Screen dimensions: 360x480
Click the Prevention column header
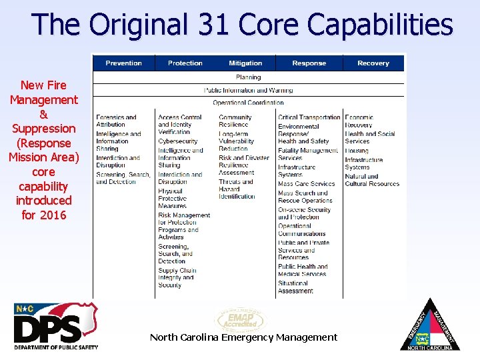(x=123, y=63)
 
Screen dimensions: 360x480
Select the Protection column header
(x=185, y=63)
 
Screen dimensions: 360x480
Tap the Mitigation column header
(x=245, y=63)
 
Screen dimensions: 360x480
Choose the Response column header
(x=309, y=63)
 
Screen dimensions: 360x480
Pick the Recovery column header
(x=373, y=63)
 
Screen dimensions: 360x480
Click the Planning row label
(x=248, y=77)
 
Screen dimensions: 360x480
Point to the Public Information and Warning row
(x=248, y=90)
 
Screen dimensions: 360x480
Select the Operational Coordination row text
(x=248, y=103)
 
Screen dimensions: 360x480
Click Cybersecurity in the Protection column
(x=178, y=141)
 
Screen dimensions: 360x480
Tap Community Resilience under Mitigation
(x=235, y=121)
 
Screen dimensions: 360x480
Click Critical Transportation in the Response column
(x=309, y=117)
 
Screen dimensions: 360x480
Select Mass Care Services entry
(x=307, y=184)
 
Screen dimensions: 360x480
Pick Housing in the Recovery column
(x=357, y=151)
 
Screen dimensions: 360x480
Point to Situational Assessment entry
(x=295, y=287)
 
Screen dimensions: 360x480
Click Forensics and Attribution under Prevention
(x=116, y=121)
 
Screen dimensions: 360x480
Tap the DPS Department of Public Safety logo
(x=56, y=326)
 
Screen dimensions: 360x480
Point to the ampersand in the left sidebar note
(x=44, y=114)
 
